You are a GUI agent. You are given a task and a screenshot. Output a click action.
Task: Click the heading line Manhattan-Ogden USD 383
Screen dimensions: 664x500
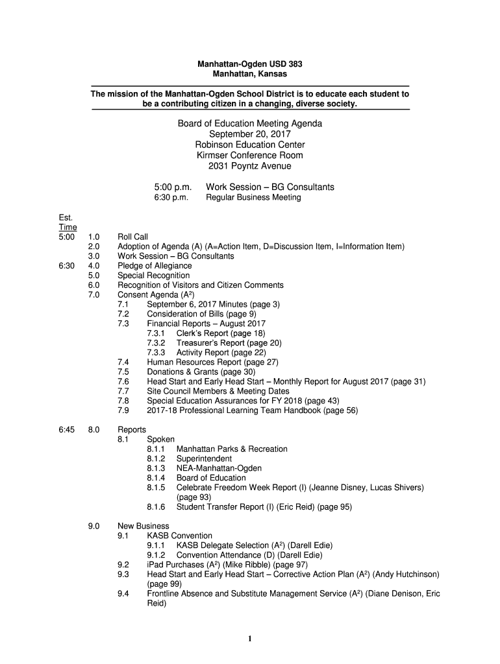click(x=250, y=64)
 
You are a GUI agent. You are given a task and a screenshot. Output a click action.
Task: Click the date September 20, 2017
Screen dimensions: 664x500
click(x=250, y=134)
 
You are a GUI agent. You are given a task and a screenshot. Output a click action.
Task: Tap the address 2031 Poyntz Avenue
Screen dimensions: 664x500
click(x=250, y=166)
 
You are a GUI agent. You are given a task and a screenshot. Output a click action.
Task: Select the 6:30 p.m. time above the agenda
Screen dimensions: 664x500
click(x=171, y=197)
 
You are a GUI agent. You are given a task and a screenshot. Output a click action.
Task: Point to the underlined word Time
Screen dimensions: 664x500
click(x=68, y=227)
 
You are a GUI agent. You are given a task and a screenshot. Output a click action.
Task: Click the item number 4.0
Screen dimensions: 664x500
click(x=94, y=266)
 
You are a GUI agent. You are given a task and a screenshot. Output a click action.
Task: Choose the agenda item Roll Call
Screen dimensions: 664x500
click(x=132, y=237)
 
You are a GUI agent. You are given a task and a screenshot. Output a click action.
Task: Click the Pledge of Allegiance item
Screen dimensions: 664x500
click(x=155, y=266)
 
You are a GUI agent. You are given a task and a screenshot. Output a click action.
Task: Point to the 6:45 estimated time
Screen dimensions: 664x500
click(x=68, y=430)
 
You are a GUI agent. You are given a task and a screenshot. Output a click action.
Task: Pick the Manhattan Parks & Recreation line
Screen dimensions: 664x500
click(x=232, y=449)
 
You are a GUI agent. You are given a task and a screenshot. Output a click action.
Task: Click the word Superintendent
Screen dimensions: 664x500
click(x=206, y=458)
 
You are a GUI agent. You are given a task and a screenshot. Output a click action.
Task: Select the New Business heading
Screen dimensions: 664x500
click(x=143, y=526)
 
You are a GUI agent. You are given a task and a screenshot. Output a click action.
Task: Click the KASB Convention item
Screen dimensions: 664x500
click(x=179, y=536)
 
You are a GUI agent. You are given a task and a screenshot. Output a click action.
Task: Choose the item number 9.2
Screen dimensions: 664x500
click(x=123, y=565)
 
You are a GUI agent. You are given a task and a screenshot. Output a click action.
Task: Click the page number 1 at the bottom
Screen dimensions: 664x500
click(x=250, y=639)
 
